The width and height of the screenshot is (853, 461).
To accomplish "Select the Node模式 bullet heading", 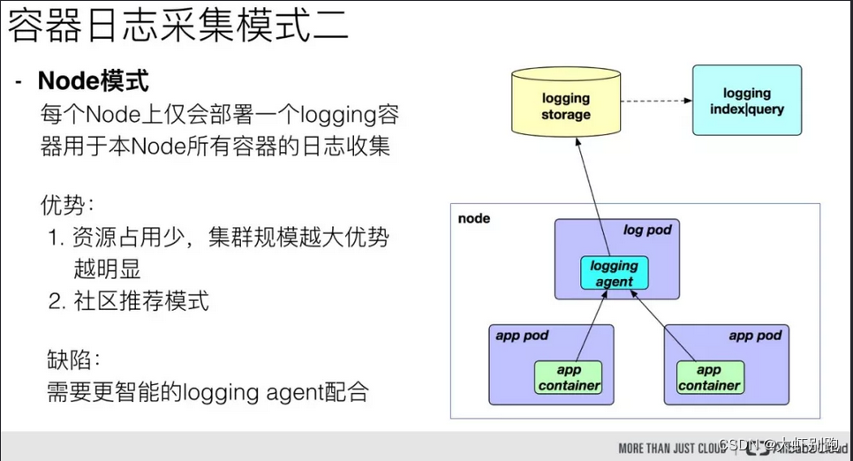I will (93, 81).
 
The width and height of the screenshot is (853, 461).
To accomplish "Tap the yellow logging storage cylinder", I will (565, 106).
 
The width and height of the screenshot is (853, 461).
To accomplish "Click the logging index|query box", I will (746, 101).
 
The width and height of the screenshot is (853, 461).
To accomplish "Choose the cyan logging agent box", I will (614, 273).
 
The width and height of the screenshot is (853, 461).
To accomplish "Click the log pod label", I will (647, 230).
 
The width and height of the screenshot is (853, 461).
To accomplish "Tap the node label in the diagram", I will (474, 218).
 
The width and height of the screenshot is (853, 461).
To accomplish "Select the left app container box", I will (569, 377).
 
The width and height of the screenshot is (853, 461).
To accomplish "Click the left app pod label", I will (522, 336).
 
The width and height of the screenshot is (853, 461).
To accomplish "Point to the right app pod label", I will (755, 336).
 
